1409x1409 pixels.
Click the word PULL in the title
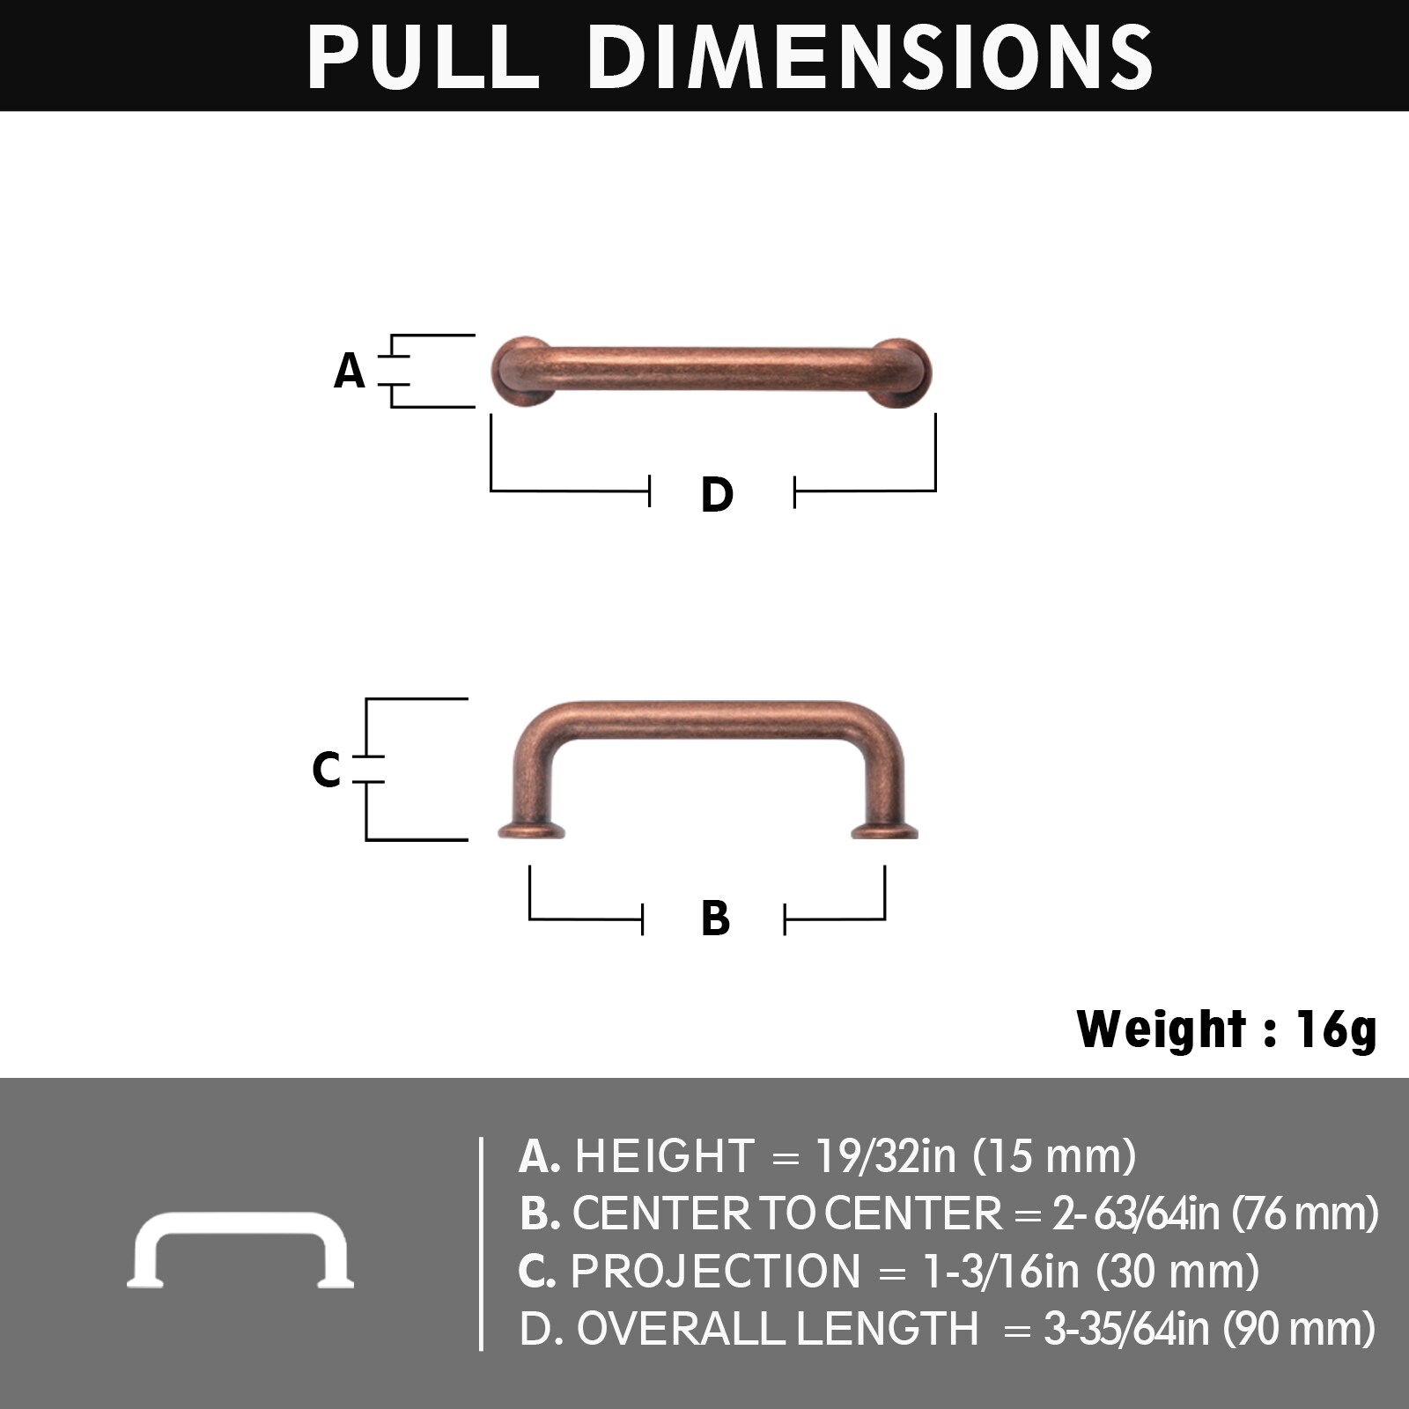pos(423,56)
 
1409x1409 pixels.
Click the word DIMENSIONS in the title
pos(869,56)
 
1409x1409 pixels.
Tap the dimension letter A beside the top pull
pos(350,371)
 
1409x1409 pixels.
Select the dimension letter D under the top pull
pos(717,494)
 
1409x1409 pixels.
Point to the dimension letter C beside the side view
pos(326,769)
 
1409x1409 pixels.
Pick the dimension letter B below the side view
pos(715,918)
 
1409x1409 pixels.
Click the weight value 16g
pos(1336,1029)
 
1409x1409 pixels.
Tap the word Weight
pos(1161,1029)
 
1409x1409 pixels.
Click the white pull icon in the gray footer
pos(240,1250)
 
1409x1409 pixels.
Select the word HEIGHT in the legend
pos(665,1155)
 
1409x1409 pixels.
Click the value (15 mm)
pos(1054,1155)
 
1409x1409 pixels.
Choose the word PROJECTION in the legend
pos(715,1271)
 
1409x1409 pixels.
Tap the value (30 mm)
pos(1177,1271)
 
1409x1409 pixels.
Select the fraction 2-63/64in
pos(1135,1214)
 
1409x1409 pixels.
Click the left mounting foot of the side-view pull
pos(531,830)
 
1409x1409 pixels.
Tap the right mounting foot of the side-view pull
pos(885,830)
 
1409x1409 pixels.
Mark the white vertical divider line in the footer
pos(481,1243)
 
